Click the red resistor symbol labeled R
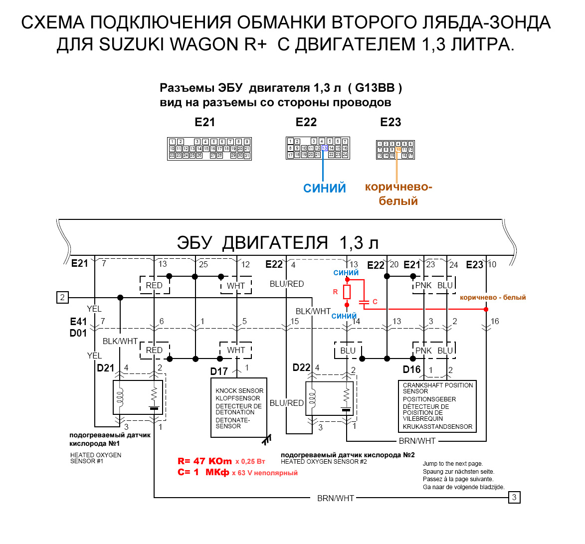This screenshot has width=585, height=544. coord(347,292)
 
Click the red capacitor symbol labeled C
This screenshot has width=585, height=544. coord(365,302)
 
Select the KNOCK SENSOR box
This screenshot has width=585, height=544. coord(239,408)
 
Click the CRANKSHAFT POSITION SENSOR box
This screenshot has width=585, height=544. coord(437,406)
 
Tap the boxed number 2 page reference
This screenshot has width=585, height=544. coord(62,298)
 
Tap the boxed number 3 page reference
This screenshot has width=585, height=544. coord(514,497)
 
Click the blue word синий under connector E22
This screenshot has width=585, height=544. coord(325,188)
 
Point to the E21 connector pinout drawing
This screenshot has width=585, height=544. coord(209,149)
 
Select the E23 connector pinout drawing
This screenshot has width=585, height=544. coord(395,150)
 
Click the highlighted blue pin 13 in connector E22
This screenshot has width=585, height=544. coord(325,148)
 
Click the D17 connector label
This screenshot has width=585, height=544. coord(219,371)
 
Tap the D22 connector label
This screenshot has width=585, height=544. coord(302,368)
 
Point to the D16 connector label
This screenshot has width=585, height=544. coord(412,369)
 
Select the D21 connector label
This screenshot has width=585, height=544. coord(106,368)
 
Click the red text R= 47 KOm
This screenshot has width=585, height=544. coord(205,461)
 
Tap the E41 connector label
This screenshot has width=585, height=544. coord(78,322)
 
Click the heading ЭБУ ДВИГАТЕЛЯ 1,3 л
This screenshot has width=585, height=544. coord(278,243)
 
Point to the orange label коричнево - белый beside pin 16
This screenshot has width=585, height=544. coord(493,298)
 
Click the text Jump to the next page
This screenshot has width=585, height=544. coord(453,464)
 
